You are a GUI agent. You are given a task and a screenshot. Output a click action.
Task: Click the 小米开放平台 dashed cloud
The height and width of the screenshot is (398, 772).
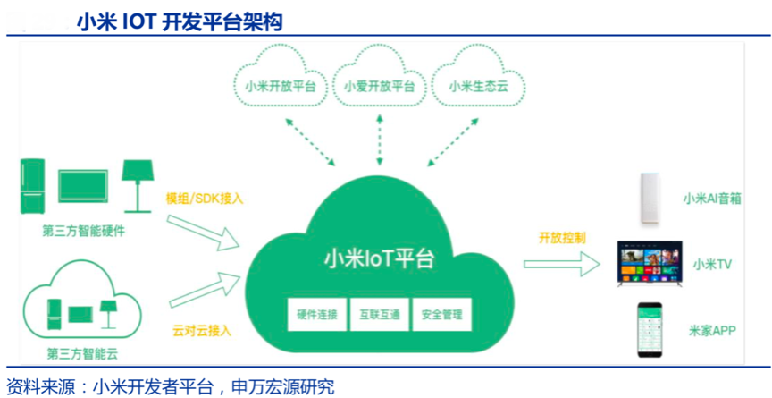click(279, 86)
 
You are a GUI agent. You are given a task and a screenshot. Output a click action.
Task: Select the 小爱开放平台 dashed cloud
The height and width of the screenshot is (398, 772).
click(379, 86)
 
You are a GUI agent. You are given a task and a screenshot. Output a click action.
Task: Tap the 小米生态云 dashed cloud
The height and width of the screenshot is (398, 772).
click(480, 86)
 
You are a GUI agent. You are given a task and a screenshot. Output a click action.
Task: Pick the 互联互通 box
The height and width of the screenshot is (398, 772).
click(379, 315)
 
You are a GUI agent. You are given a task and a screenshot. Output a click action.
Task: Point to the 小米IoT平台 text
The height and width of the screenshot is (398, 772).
click(379, 259)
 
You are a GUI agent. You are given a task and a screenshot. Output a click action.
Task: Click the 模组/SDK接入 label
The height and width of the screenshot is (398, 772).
click(205, 198)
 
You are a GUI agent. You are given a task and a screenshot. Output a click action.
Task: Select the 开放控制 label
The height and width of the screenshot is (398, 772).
click(562, 238)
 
